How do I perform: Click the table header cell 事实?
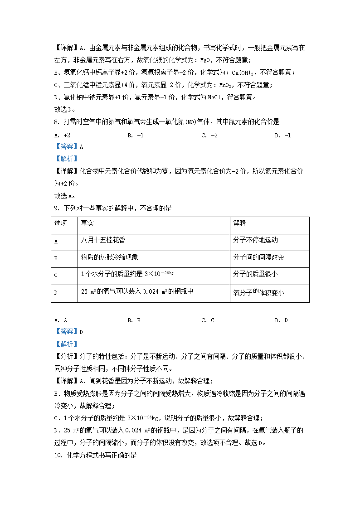click(x=88, y=223)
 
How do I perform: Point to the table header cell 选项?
click(x=60, y=223)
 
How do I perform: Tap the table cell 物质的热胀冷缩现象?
click(x=110, y=257)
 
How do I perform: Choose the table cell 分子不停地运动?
click(x=255, y=240)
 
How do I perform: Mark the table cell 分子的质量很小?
click(x=255, y=274)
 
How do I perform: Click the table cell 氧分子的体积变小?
click(x=258, y=293)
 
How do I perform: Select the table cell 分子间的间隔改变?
click(x=258, y=257)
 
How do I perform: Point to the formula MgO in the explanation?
click(x=218, y=60)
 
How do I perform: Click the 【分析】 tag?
click(x=66, y=356)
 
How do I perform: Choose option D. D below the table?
click(x=281, y=320)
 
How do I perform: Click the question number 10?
click(x=57, y=455)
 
